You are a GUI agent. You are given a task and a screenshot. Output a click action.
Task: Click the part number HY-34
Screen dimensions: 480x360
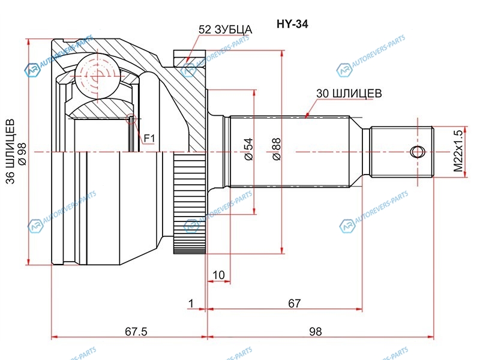[292, 24]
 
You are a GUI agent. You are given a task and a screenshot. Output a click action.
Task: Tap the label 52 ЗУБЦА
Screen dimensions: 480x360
[226, 29]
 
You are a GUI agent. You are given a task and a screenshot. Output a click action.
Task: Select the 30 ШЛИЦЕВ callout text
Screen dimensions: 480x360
[349, 93]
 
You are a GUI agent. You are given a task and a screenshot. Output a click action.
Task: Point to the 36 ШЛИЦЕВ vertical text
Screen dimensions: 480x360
[10, 151]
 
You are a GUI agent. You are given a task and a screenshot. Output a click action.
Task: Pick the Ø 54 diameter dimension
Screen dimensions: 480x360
[249, 149]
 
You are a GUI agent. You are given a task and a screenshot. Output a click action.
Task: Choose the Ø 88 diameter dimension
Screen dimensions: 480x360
[276, 149]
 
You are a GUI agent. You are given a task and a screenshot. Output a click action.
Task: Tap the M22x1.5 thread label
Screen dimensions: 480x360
[458, 151]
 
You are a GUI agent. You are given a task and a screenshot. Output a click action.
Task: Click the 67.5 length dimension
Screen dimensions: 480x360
[136, 331]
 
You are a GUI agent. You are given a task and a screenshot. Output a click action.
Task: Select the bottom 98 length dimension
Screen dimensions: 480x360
[316, 331]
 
